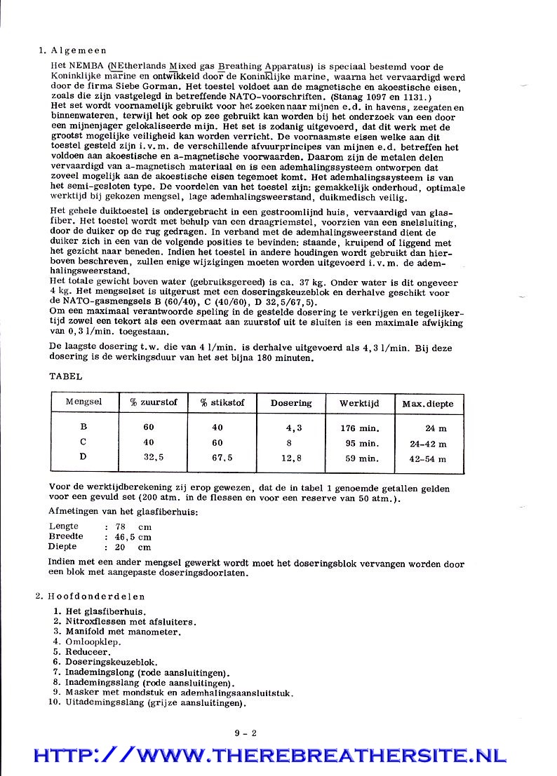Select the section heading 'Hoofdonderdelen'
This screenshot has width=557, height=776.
click(96, 597)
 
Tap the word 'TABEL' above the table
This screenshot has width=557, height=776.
click(65, 376)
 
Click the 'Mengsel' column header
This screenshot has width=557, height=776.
click(83, 402)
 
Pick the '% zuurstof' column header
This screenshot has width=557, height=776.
click(153, 402)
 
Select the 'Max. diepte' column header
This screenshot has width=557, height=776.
click(427, 404)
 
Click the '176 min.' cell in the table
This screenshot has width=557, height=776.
click(360, 428)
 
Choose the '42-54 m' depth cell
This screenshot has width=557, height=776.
click(428, 460)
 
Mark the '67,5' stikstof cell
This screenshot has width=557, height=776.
click(222, 459)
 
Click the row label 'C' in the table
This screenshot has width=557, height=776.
click(83, 443)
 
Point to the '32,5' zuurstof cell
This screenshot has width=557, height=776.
click(154, 458)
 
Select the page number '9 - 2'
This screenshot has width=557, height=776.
click(246, 733)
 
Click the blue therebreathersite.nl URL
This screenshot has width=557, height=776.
click(270, 756)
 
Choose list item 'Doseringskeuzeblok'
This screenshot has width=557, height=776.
click(111, 662)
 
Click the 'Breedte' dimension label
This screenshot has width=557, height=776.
click(65, 537)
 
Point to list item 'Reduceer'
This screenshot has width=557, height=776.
click(87, 652)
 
